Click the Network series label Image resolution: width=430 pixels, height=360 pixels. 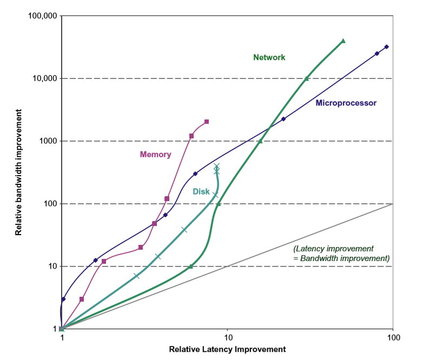point(269,57)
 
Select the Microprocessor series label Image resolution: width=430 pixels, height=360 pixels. point(346,103)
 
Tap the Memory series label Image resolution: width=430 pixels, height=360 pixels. point(155,155)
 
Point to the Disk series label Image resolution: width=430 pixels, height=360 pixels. point(201,191)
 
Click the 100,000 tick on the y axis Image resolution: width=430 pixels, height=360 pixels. point(42,16)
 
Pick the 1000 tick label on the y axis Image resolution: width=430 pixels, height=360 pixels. point(48,141)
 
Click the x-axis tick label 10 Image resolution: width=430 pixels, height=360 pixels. point(227,338)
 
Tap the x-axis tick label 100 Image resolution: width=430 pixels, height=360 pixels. point(393,338)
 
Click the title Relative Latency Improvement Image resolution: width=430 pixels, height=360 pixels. point(227,349)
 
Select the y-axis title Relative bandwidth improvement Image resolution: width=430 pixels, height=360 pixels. point(18,172)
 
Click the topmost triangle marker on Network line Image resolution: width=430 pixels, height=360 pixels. point(343,41)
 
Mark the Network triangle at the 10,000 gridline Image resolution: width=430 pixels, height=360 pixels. point(307,78)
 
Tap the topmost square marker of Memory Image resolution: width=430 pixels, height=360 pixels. point(207,122)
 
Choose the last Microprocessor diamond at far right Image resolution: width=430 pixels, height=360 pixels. point(386,47)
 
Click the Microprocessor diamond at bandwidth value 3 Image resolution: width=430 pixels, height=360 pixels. point(63,299)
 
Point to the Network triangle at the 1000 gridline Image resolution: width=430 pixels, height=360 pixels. point(260,141)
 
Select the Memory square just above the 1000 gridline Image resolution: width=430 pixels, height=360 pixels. point(191,136)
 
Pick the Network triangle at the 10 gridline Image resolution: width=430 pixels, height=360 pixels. point(191,266)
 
